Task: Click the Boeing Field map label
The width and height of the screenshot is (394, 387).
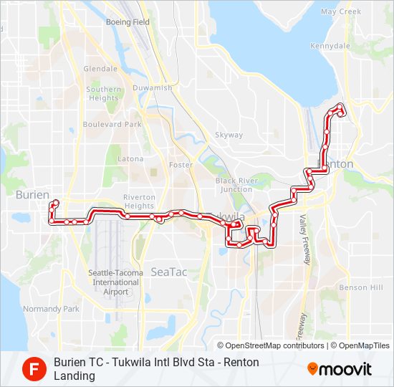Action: coord(128,22)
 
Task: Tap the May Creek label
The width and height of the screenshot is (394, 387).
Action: coord(340,11)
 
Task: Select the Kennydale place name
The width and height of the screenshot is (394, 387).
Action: coord(332,46)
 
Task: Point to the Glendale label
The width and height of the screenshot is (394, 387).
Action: coord(100,69)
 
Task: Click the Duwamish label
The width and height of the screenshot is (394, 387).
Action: coord(153,87)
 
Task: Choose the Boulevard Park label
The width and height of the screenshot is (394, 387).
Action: coord(112,124)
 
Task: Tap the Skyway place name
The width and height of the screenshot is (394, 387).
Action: coord(229,135)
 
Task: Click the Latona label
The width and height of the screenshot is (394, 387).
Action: coord(130,158)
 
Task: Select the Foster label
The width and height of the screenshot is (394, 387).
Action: coord(181,165)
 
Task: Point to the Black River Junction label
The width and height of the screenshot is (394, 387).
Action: coord(236,185)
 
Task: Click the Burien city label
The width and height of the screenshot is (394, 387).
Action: coord(32,195)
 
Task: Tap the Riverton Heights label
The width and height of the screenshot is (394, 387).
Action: coord(139,201)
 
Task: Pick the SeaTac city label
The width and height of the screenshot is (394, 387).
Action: coord(168,272)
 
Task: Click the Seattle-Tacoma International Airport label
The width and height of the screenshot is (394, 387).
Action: coord(110,282)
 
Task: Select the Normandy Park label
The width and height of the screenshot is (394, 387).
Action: coord(51,309)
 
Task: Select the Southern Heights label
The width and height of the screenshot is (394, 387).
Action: coord(104,93)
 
